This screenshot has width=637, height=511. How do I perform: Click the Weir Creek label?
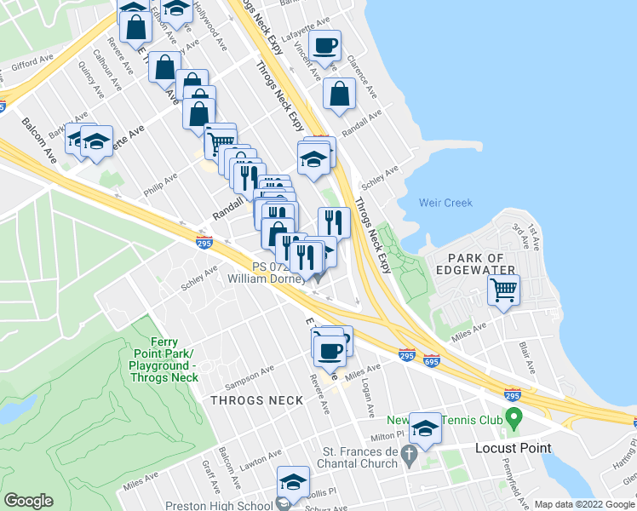[442, 202]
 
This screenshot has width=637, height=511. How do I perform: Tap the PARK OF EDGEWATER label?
[476, 264]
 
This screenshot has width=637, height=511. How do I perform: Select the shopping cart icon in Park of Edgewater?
[503, 290]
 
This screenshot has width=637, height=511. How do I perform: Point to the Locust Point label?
[513, 448]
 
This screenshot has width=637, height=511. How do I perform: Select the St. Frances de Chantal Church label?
[360, 457]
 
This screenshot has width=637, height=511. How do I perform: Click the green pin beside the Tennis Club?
[513, 418]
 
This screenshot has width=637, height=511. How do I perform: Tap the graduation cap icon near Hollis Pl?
[293, 483]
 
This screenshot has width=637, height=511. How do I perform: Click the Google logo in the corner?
[28, 501]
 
